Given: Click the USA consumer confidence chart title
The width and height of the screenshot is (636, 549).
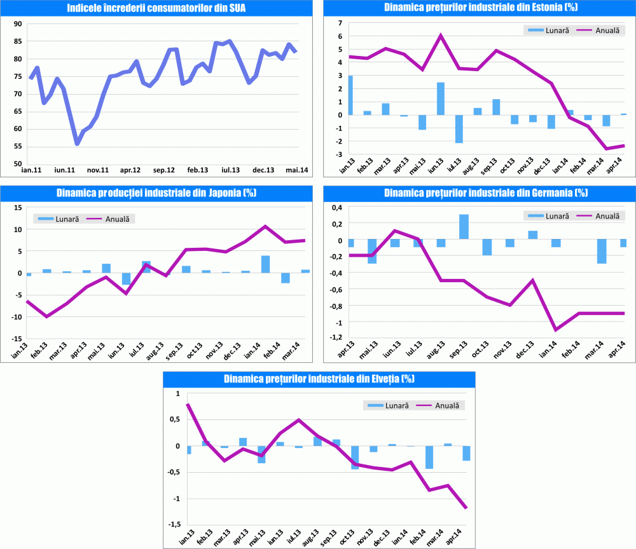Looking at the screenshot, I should click(156, 8).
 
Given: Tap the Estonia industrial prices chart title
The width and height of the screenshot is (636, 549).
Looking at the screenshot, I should click(477, 8).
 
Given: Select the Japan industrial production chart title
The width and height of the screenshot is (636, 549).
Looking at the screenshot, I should click(156, 193).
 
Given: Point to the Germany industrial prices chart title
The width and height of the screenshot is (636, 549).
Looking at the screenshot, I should click(477, 193).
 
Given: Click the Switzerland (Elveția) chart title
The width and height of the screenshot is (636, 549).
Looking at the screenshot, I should click(319, 379).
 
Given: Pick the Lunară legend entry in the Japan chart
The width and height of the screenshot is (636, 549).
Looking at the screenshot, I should click(58, 219).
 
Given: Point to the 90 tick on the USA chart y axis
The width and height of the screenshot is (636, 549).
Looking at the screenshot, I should click(17, 24).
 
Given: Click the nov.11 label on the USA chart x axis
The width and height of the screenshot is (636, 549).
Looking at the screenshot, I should click(97, 170).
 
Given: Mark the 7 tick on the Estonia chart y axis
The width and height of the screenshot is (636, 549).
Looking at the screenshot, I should click(340, 23).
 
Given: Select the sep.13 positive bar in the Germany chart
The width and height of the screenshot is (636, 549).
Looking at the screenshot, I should click(464, 227).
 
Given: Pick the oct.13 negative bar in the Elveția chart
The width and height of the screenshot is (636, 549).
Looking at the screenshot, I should click(355, 457).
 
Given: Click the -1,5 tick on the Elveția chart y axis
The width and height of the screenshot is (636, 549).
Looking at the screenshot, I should click(172, 525).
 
